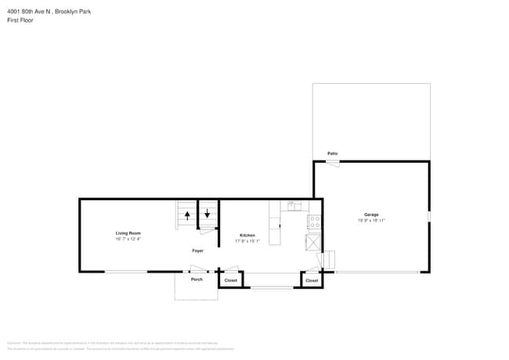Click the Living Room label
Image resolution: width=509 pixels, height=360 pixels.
point(128,233)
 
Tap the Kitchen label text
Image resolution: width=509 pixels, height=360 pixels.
point(247,235)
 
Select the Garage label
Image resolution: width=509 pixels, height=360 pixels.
point(371,214)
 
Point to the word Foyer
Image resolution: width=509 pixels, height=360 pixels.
point(198,250)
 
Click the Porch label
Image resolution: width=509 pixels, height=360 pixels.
point(197,279)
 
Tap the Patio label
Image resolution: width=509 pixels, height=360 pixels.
point(332,153)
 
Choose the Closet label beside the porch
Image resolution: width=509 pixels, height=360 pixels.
point(231,280)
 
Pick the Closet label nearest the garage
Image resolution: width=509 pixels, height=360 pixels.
point(312,280)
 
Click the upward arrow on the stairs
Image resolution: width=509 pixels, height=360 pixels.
point(187,215)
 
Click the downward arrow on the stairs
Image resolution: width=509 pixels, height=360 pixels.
point(208,212)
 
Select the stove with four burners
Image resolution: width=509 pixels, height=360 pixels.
point(315,223)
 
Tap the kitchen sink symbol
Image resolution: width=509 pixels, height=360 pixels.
point(294,206)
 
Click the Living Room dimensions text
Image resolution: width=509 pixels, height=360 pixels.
point(128,239)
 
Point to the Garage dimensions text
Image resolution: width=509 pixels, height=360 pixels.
point(371,221)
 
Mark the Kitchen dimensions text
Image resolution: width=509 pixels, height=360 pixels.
point(247,241)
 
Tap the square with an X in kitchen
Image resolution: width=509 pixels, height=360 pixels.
point(313,243)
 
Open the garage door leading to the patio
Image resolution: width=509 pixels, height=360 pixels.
point(333,164)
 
